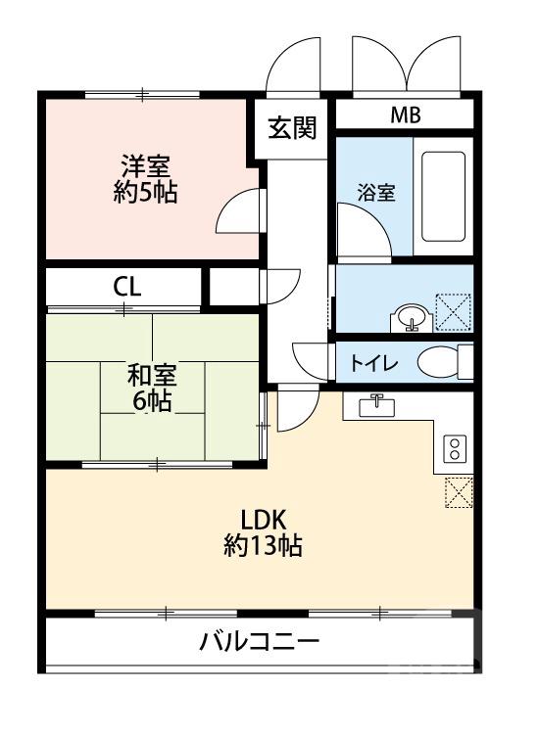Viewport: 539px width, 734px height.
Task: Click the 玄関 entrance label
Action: point(293,128)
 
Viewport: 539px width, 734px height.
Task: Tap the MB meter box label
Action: point(405,115)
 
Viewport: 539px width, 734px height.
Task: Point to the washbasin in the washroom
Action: point(410,316)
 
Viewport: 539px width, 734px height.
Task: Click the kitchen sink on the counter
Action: point(376,406)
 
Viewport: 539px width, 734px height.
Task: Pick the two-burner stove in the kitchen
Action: point(455,449)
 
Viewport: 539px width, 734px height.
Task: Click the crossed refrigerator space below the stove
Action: point(458,492)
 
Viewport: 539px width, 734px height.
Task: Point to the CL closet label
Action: point(127,287)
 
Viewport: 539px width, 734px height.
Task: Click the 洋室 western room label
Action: point(145,163)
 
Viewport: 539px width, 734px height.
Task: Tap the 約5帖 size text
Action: point(145,192)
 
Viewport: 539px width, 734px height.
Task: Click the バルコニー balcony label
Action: point(260,643)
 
